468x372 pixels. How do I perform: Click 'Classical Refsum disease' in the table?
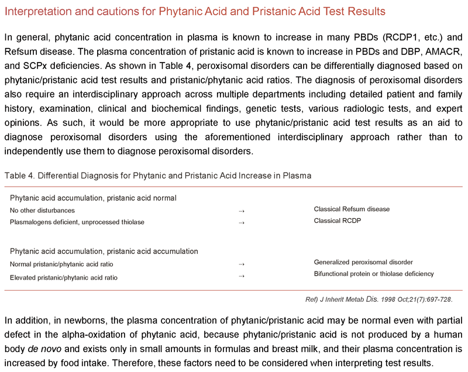(x=352, y=209)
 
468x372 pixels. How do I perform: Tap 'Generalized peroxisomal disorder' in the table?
(x=363, y=262)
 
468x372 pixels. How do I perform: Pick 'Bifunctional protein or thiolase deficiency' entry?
(x=374, y=274)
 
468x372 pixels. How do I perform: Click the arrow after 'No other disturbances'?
(x=242, y=211)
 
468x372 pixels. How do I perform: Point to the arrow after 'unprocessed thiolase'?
(x=242, y=222)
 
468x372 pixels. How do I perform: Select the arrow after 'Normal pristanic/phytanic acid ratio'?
(x=242, y=264)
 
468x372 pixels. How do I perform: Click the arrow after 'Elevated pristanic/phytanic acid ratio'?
(x=242, y=276)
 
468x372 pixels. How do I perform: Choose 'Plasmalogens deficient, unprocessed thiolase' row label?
(x=77, y=222)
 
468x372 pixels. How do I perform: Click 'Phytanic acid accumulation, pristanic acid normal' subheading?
(x=94, y=198)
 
